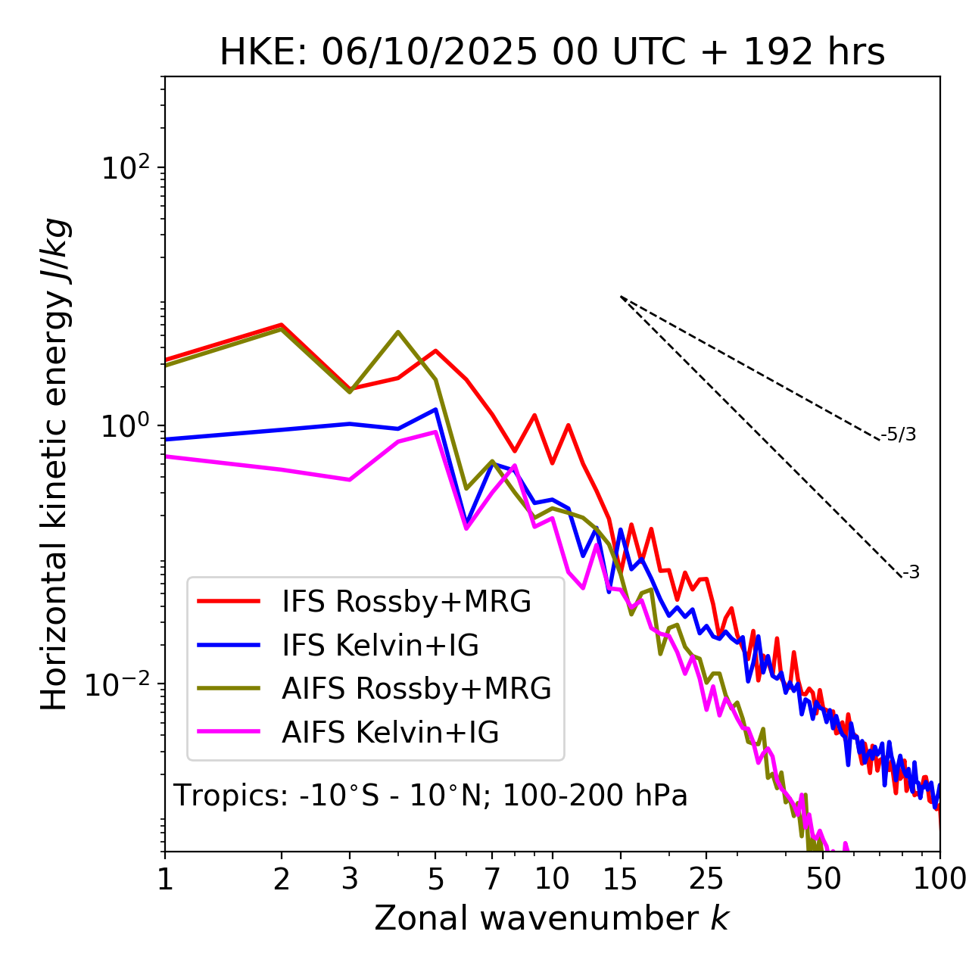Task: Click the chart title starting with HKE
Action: coord(552,53)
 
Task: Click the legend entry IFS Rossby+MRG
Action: coord(407,602)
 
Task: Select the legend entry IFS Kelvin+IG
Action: coord(380,646)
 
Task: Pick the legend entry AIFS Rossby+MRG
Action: coord(416,689)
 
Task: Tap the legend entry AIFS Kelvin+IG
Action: coord(390,733)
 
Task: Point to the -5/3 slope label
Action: coord(899,435)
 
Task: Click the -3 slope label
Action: coord(911,573)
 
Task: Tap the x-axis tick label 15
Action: coord(620,879)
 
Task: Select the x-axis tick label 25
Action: coord(706,879)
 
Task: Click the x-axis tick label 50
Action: coord(823,879)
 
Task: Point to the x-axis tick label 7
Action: coord(492,879)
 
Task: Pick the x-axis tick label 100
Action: coord(939,879)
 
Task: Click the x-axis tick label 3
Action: coord(349,879)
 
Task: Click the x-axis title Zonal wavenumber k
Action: coord(552,919)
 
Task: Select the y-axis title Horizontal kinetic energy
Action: coord(55,464)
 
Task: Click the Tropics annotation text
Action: coord(431,796)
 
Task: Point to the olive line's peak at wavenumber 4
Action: coord(398,332)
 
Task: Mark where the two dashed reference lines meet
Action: coord(621,297)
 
